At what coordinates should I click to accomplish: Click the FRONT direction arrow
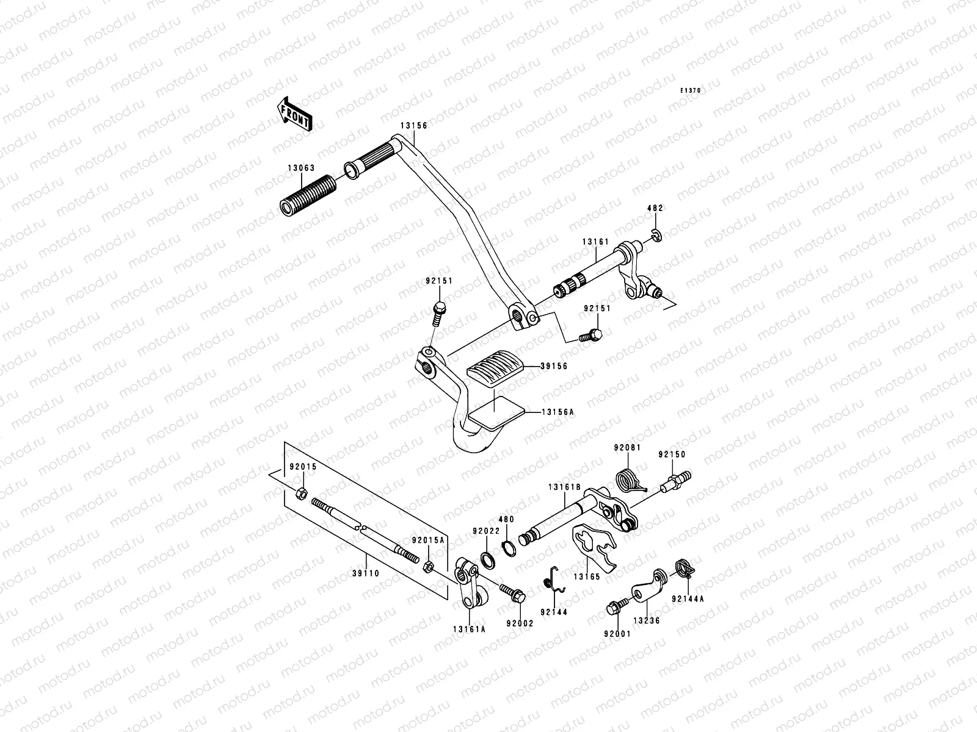point(303,113)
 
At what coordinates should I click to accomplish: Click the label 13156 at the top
point(413,126)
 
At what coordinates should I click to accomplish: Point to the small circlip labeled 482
point(655,234)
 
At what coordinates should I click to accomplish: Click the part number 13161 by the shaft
point(595,242)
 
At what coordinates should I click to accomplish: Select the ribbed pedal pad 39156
point(495,367)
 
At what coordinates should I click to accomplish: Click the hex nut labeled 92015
point(300,493)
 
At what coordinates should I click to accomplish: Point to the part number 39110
point(366,573)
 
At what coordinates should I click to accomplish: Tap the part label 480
point(506,520)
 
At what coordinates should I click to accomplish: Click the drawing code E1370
point(691,90)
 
